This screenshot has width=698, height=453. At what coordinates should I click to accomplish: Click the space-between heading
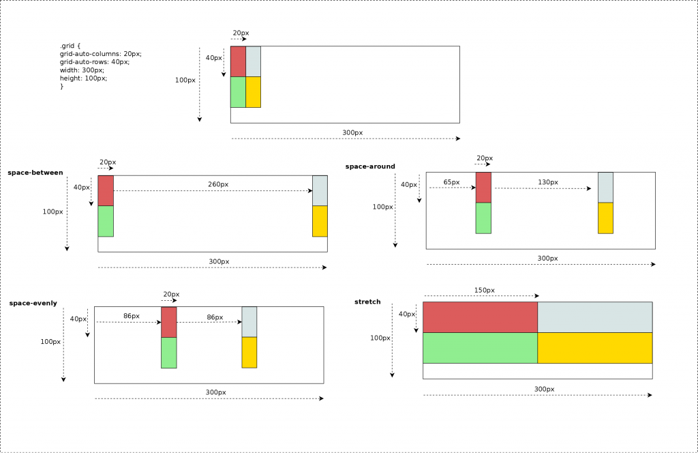(35, 173)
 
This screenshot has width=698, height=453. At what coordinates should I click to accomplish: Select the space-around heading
(370, 166)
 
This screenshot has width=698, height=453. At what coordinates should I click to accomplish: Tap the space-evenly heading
(33, 303)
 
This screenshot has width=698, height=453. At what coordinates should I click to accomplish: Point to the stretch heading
(367, 302)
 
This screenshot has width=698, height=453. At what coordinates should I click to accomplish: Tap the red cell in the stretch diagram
(480, 317)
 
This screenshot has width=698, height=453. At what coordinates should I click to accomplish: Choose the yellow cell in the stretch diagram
(594, 348)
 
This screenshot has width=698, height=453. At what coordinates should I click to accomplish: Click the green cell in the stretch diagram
(480, 348)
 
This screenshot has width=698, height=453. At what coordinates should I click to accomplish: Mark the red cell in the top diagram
(238, 61)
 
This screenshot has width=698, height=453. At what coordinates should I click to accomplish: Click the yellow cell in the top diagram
(253, 92)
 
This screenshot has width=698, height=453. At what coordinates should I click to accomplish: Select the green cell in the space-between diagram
(106, 221)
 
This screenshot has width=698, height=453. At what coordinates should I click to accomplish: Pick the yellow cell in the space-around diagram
(605, 218)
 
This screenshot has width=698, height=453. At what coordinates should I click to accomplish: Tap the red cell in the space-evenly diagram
(168, 322)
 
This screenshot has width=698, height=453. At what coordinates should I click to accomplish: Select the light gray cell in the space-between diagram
(320, 190)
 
